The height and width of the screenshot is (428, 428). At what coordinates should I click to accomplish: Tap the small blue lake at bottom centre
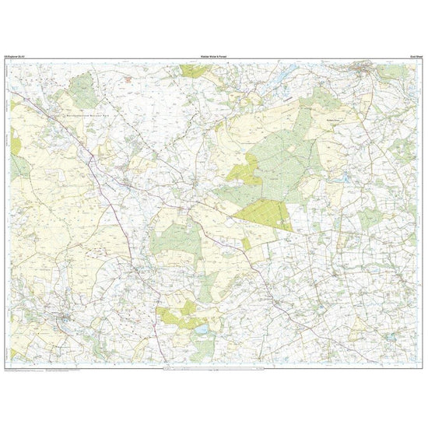[x=200, y=330]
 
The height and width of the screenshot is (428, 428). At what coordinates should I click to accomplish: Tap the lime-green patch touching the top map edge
[x=195, y=71]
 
